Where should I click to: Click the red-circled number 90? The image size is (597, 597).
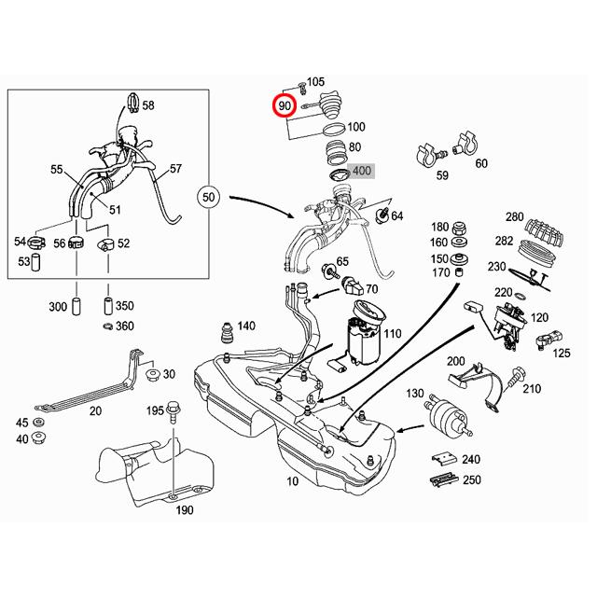(x=285, y=106)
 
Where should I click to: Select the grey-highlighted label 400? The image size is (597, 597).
(x=361, y=171)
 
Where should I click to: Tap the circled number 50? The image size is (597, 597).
(x=209, y=197)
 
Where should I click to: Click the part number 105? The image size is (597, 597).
(x=315, y=83)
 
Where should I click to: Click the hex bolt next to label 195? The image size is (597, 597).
(x=174, y=411)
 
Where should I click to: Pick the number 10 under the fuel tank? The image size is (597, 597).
(x=292, y=482)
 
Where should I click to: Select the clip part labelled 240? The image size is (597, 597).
(x=443, y=459)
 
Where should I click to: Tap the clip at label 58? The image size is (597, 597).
(x=132, y=101)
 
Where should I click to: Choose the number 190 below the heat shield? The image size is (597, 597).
(x=185, y=510)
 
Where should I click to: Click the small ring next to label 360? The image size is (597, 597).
(x=108, y=326)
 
